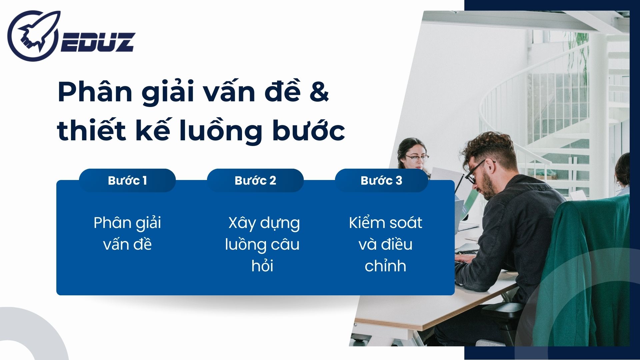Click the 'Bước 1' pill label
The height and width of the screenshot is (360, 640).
127,180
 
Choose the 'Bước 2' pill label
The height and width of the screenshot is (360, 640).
255,180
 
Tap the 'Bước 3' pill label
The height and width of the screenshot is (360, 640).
381,180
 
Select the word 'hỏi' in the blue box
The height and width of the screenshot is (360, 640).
262,266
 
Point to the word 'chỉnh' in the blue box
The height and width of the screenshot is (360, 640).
385,266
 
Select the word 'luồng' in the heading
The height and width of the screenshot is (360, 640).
220,131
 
